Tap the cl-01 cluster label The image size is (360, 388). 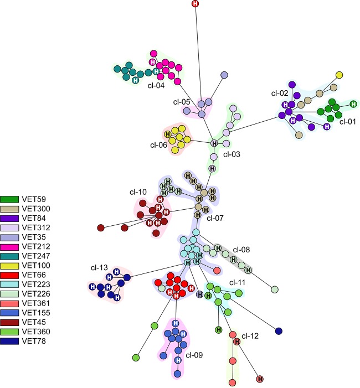[347, 121]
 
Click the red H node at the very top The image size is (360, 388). [195, 4]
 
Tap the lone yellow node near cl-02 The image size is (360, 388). [340, 75]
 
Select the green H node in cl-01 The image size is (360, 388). [353, 104]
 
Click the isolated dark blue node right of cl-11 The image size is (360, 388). [279, 331]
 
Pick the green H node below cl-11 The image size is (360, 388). [219, 330]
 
